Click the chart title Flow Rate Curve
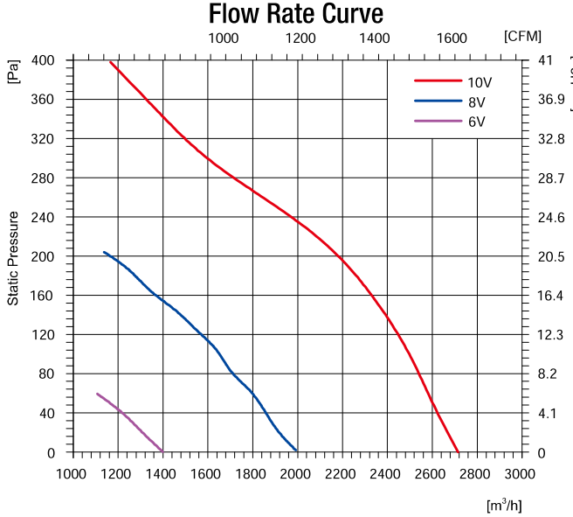(295, 15)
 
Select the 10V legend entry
(480, 82)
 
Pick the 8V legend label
(476, 101)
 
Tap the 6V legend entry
(476, 122)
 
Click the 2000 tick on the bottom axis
(297, 474)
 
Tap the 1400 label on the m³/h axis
(162, 474)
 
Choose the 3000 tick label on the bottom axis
(521, 474)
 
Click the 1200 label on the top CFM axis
(300, 38)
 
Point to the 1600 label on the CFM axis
(452, 38)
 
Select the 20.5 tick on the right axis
(550, 256)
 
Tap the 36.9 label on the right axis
(550, 100)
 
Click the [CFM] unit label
(522, 36)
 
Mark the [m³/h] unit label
(504, 505)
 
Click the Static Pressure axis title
(13, 257)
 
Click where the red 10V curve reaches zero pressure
(457, 452)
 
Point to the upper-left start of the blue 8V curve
(104, 252)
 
